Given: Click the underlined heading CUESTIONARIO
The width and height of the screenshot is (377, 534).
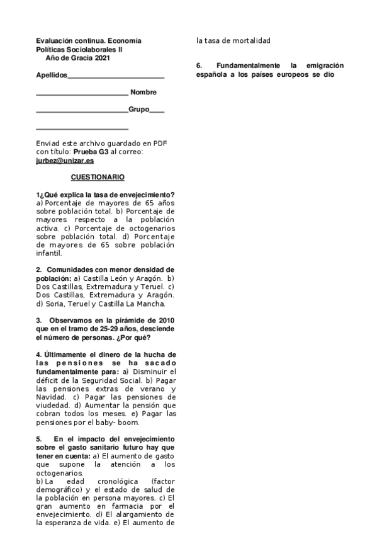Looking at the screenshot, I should (98, 177).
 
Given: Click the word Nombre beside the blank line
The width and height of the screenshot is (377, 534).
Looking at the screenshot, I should (143, 93).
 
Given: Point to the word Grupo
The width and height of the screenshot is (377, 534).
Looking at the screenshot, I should (139, 110).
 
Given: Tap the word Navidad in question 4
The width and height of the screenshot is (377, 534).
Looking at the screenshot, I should (50, 397).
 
